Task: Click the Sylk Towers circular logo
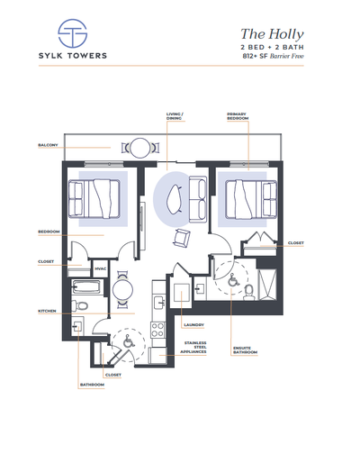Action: click(71, 33)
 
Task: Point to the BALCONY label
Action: click(48, 144)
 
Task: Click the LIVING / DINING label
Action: click(175, 116)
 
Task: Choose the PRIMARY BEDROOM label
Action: click(238, 116)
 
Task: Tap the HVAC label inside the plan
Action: click(101, 268)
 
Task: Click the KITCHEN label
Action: click(48, 311)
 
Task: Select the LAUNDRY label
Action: click(193, 324)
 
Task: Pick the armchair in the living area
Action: click(183, 238)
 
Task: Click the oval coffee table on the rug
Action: click(173, 195)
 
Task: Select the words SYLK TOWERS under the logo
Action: click(71, 56)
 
